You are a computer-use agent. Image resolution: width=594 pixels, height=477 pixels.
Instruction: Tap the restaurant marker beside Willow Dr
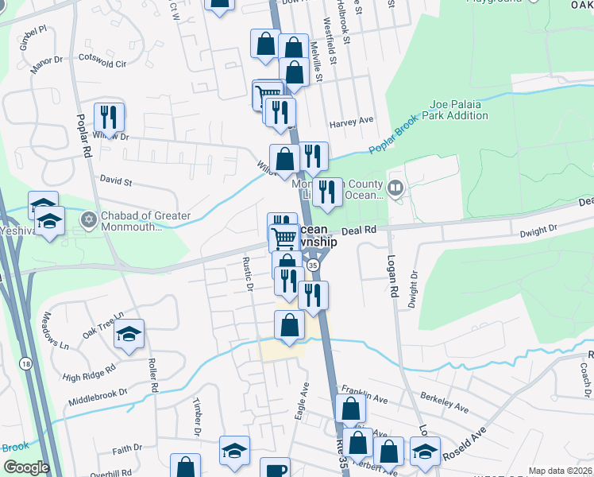(x=109, y=118)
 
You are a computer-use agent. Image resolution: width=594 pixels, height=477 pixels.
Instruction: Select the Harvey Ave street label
(x=351, y=121)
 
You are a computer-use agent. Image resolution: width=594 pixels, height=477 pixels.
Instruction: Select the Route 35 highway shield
(x=314, y=264)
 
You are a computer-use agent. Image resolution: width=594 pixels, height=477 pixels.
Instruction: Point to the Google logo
(x=25, y=467)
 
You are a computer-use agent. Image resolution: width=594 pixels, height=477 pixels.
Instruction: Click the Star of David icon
(x=90, y=217)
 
